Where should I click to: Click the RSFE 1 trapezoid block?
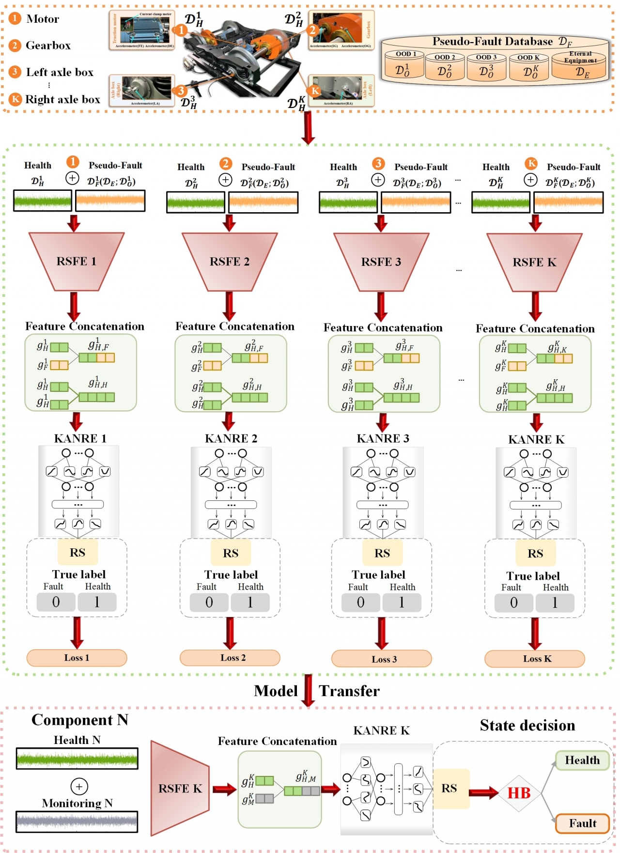77,262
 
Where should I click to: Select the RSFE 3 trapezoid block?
381,262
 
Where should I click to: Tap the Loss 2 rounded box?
230,658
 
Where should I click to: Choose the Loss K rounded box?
535,659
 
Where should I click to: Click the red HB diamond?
519,793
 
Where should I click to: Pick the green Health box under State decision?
582,760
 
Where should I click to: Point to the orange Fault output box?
582,823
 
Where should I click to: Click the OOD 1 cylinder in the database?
404,66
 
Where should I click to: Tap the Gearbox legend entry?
48,46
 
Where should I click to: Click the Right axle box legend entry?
62,99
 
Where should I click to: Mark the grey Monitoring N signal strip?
77,822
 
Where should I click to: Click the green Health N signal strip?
77,759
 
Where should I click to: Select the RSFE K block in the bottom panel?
180,789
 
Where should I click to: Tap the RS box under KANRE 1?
77,553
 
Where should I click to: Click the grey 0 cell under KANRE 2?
209,603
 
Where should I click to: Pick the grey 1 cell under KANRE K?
555,603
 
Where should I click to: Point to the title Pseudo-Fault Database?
493,42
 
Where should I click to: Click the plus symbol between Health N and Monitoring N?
79,786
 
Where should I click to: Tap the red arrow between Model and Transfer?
308,690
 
